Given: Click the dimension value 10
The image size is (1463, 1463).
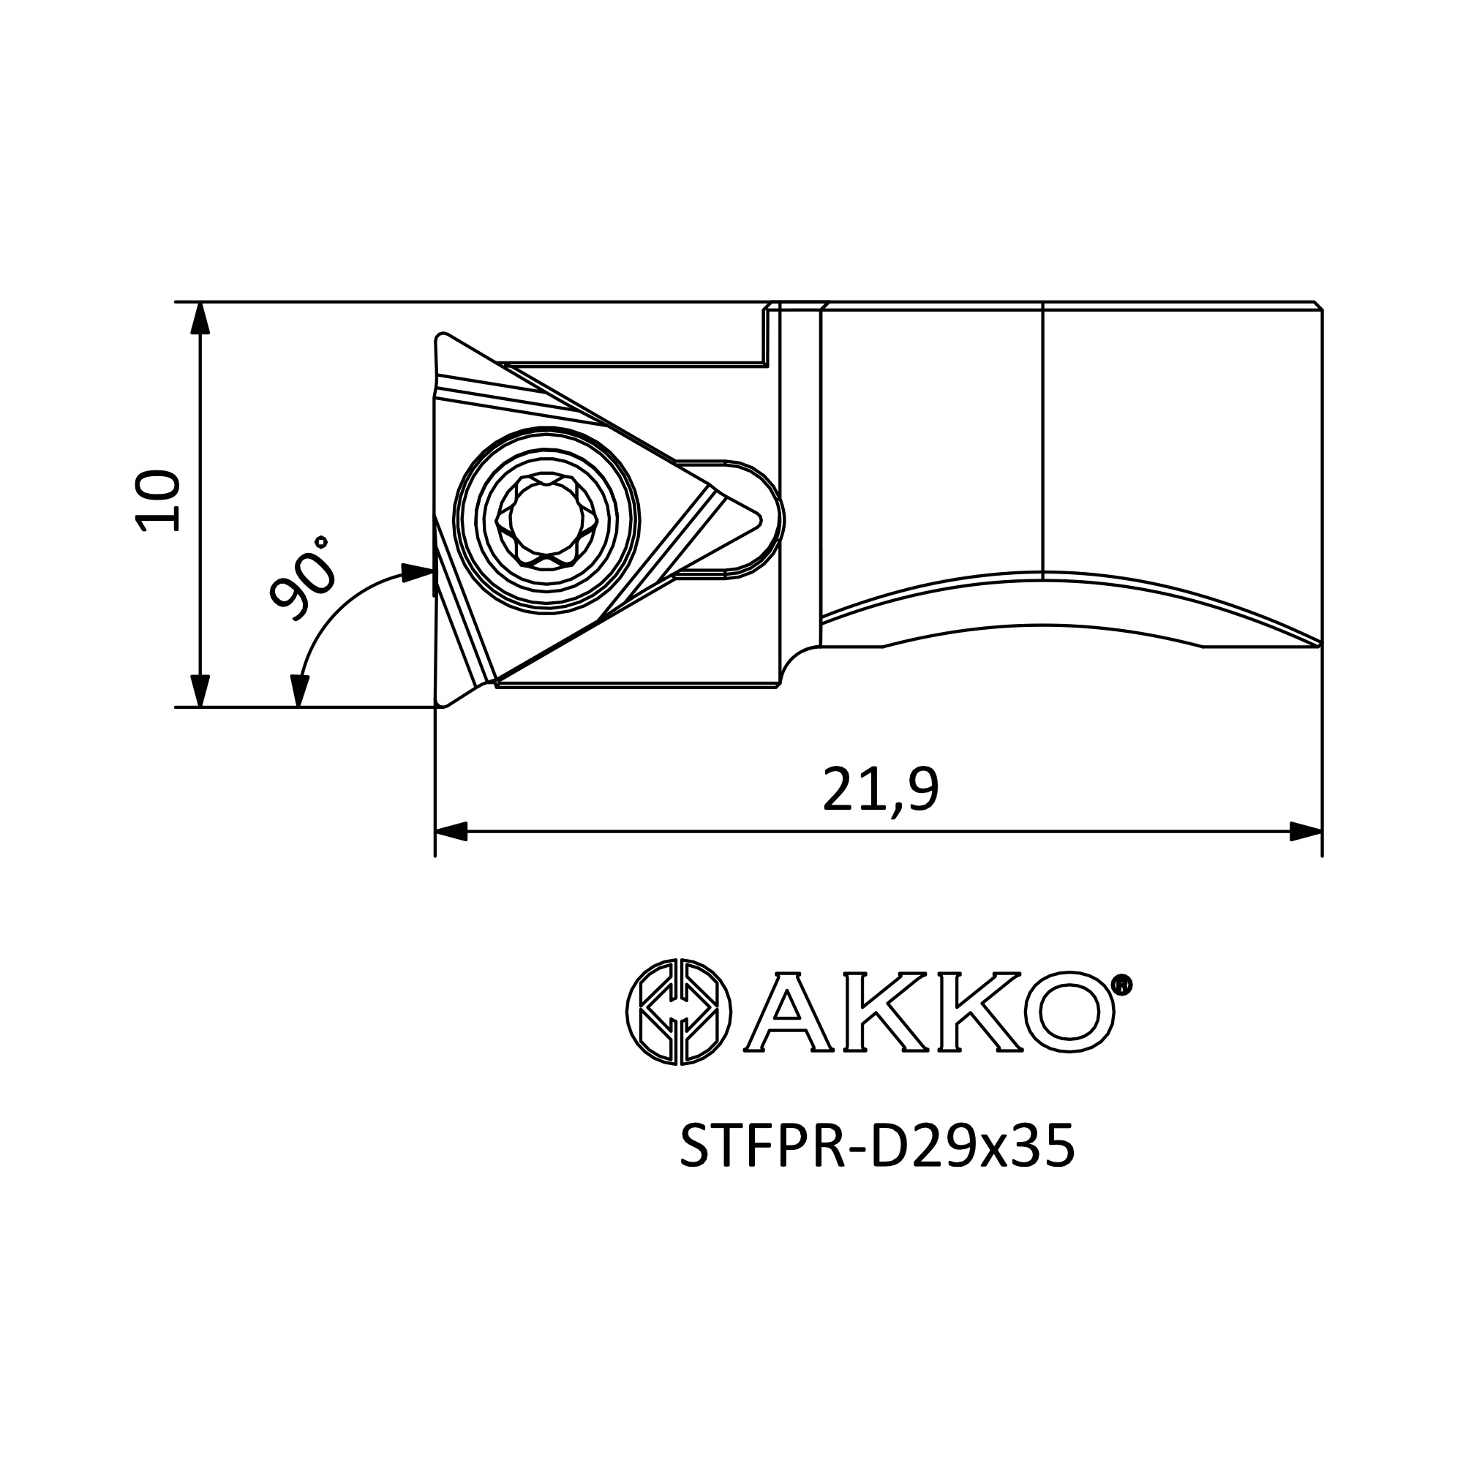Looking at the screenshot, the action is [157, 500].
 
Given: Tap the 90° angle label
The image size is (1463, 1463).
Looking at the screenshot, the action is [301, 577].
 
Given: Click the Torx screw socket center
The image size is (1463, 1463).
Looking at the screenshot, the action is [546, 519].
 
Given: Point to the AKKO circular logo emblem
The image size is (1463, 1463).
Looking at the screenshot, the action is [679, 1011].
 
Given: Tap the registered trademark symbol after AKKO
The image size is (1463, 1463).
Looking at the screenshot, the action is [1123, 985].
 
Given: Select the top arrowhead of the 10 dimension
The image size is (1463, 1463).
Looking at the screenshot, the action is [199, 318].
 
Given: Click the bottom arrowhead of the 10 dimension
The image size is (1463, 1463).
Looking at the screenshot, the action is [199, 691].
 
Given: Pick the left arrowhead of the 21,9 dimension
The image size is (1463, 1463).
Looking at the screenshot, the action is [451, 832].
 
